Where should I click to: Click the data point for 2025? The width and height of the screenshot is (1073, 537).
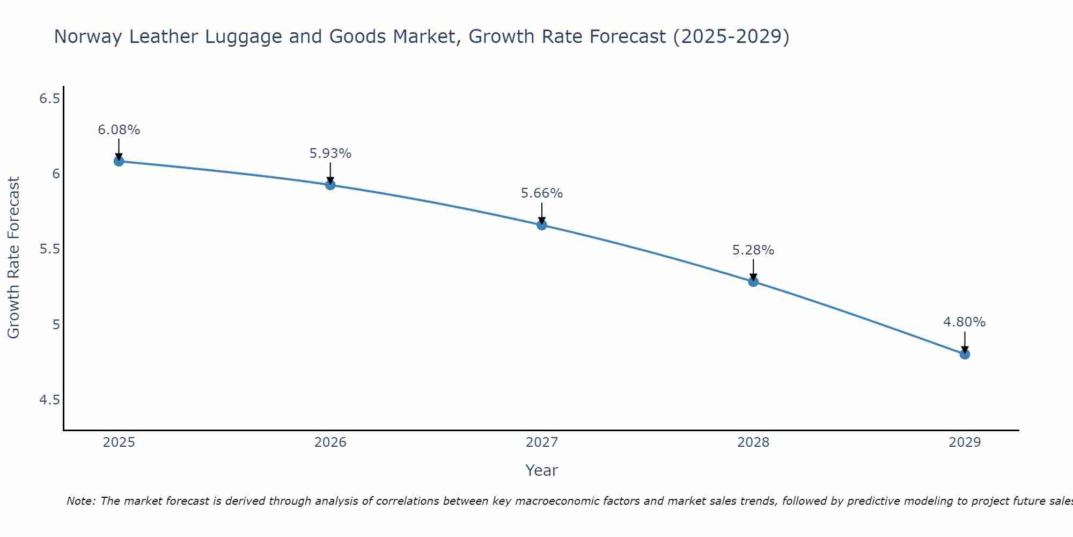(119, 161)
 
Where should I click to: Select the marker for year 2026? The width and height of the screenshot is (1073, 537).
(330, 185)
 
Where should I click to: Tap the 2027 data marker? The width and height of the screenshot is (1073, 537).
(542, 225)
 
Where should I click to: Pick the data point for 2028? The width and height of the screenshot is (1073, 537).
(753, 281)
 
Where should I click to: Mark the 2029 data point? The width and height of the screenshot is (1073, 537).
(965, 354)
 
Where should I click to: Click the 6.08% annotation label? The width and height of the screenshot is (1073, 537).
(119, 130)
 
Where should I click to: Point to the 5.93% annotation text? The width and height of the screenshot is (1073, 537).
(330, 154)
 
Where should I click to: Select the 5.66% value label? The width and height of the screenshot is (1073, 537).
(542, 193)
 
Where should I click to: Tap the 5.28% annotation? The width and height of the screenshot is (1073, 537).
(753, 250)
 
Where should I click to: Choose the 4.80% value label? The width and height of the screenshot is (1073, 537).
(964, 322)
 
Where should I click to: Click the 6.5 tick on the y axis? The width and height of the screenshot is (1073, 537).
(49, 99)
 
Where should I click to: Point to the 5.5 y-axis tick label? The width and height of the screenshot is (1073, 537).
(49, 249)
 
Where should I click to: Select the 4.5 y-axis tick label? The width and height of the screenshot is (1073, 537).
(49, 400)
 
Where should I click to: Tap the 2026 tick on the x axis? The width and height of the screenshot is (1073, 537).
(330, 442)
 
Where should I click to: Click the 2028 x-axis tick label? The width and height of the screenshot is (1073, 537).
(753, 442)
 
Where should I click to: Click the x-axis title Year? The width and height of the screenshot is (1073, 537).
(542, 470)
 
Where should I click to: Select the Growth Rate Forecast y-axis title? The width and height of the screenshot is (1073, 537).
(13, 258)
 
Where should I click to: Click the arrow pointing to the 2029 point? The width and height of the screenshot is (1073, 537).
(965, 342)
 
